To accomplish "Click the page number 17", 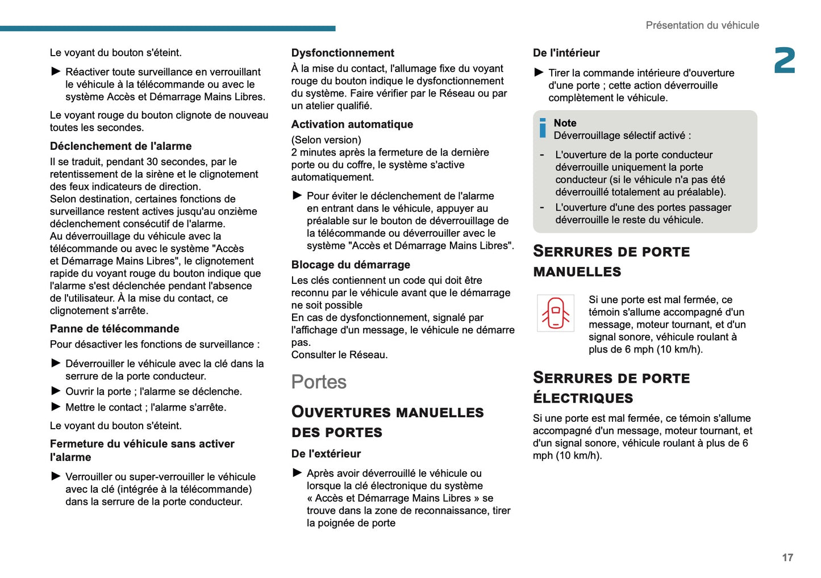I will pos(787,558).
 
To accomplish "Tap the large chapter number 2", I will pos(785,61).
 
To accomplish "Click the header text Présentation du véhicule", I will pos(702,26).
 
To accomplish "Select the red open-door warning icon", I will pos(555,313).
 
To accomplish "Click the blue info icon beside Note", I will pos(543,128).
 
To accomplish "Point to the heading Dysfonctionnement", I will pos(343,53).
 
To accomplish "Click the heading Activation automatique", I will pos(352,124).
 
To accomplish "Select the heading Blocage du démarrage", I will pos(351,265).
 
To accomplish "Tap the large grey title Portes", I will pos(319,382).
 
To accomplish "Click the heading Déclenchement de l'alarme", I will pos(120,146).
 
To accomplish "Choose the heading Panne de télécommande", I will pos(114,329).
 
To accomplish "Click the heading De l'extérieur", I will pos(326,454).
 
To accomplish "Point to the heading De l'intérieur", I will pos(566,53).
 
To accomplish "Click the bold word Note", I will pos(565,123).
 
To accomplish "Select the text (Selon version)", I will pos(326,140).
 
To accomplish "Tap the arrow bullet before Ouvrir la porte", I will pos(56,391).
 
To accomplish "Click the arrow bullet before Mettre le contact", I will pos(56,407).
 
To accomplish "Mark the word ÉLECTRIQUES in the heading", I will pos(583,398).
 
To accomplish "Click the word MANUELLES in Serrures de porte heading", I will pos(577,272).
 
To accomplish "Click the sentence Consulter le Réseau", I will pos(339,355).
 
